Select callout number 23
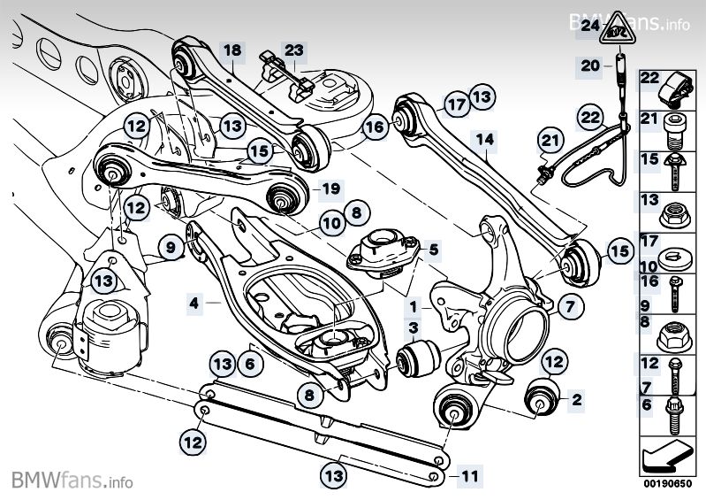(x=293, y=50)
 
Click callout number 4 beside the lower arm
(x=194, y=304)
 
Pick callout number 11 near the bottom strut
(x=470, y=476)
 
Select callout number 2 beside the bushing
(x=576, y=400)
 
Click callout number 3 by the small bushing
(x=412, y=329)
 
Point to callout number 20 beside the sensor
(x=589, y=65)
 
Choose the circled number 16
(x=375, y=127)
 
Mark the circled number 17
(x=456, y=104)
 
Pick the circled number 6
(x=250, y=363)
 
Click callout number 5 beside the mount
(x=433, y=249)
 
